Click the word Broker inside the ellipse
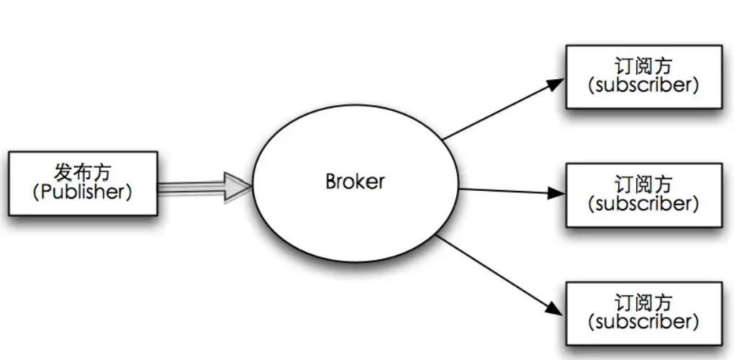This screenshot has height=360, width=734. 355,181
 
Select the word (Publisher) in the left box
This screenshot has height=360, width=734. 82,192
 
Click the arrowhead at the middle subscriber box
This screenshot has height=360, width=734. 556,192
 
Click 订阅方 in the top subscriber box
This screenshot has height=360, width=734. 643,66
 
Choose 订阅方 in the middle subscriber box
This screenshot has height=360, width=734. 643,184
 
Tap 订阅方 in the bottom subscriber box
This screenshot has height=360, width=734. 643,303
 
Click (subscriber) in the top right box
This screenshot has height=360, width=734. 643,86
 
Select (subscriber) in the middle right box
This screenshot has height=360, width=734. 643,204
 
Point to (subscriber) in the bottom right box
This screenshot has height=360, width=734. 643,322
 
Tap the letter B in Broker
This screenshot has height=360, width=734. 331,181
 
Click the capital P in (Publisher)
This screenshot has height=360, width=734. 46,192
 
